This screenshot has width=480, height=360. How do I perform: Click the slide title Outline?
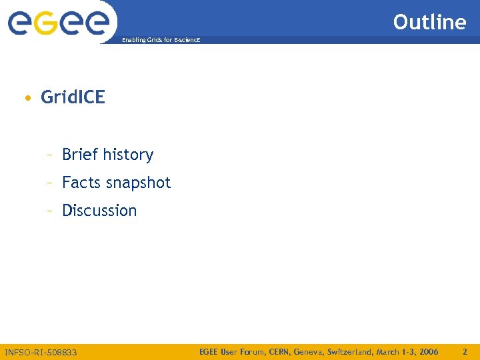pyautogui.click(x=429, y=22)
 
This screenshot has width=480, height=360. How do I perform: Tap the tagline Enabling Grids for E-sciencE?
pyautogui.click(x=161, y=41)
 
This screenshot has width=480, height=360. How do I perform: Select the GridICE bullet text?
pyautogui.click(x=73, y=97)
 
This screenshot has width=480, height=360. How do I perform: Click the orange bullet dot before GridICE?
pyautogui.click(x=26, y=99)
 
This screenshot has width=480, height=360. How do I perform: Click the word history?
pyautogui.click(x=129, y=155)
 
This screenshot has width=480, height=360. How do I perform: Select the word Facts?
pyautogui.click(x=81, y=183)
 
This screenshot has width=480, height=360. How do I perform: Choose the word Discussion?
pyautogui.click(x=99, y=211)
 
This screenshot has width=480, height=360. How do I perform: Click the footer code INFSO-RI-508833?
pyautogui.click(x=41, y=351)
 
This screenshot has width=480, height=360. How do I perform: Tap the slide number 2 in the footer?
pyautogui.click(x=465, y=351)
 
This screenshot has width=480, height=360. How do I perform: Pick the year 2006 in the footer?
pyautogui.click(x=427, y=351)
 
